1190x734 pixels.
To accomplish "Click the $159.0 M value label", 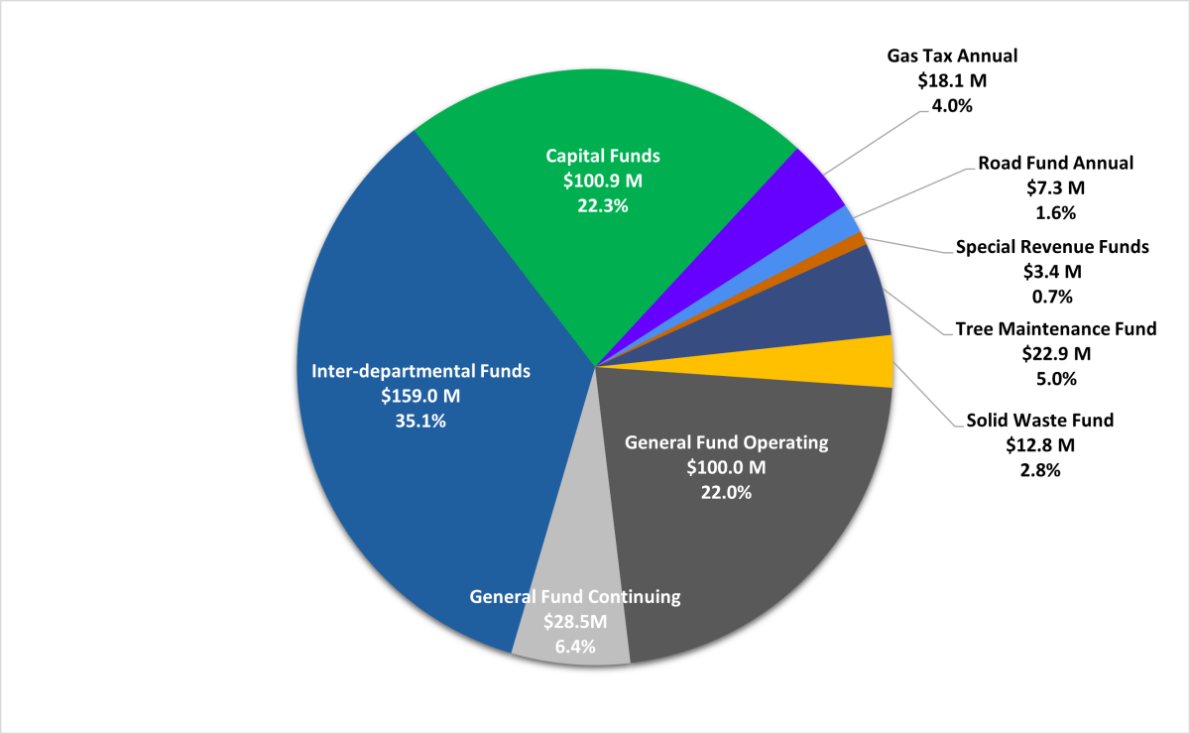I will pos(420,396).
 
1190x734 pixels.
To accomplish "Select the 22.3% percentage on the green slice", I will pos(603,205).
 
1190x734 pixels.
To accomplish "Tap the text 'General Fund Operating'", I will pos(726,442).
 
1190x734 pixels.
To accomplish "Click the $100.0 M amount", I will pos(726,467).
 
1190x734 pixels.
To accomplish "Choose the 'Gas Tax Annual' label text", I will pos(952,56).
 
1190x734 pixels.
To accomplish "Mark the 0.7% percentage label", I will pos(1052,296).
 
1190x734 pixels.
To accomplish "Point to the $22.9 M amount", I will pos(1055,353).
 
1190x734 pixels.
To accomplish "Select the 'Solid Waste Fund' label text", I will pos(1040,421).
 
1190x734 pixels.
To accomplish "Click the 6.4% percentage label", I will pos(574,647).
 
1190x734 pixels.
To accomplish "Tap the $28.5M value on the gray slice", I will pos(574,622).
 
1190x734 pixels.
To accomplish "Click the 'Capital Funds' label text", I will pos(603,156).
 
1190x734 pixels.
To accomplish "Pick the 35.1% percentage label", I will pos(420,421).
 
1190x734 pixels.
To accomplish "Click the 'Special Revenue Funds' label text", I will pos(1052,246).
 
